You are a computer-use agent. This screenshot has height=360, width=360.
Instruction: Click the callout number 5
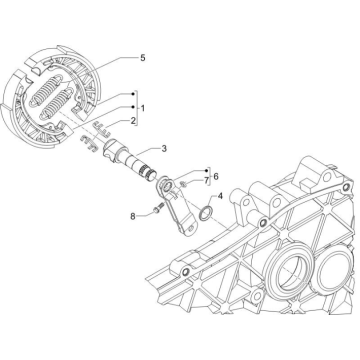[x=142, y=59]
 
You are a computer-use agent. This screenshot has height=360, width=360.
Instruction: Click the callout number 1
[x=143, y=105]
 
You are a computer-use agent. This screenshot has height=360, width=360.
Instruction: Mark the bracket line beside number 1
[x=133, y=105]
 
